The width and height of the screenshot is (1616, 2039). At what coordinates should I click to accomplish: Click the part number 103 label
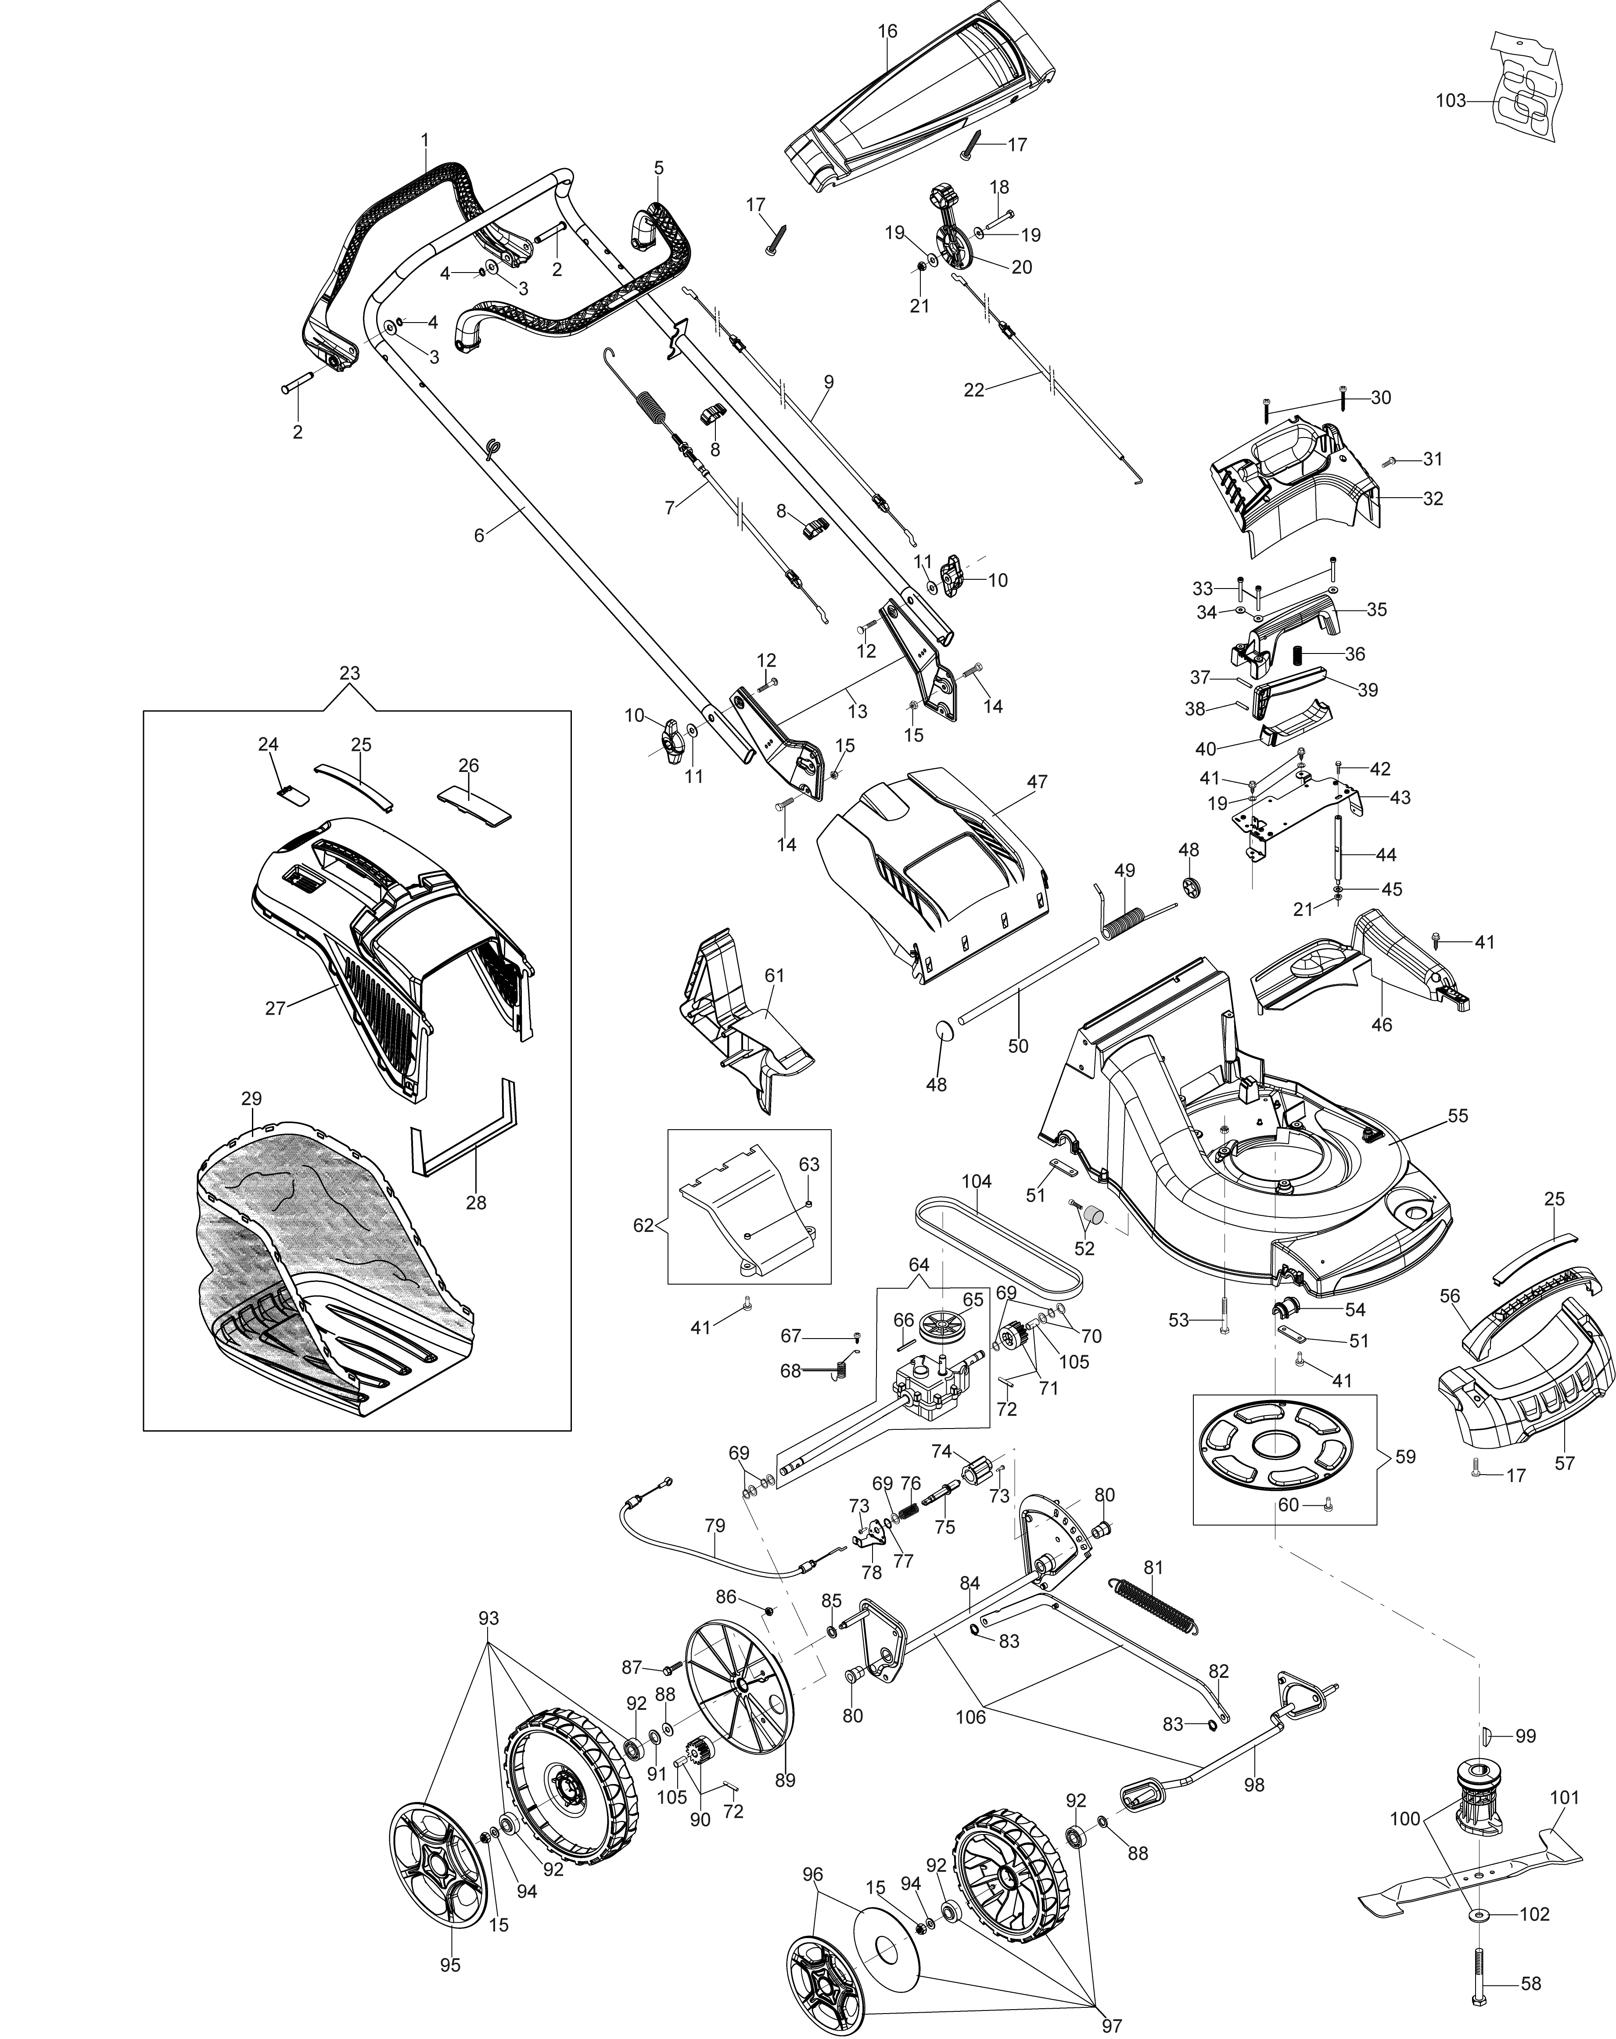coord(1450,100)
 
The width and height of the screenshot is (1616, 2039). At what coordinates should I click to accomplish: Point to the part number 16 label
coord(887,31)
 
